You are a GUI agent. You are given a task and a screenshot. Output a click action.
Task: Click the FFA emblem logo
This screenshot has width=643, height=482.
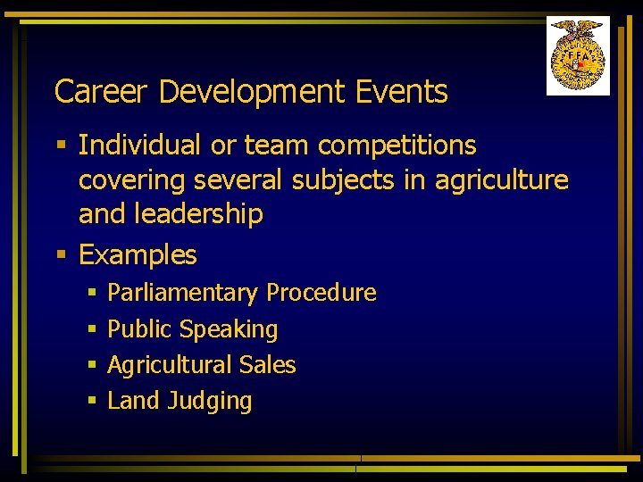pos(578,55)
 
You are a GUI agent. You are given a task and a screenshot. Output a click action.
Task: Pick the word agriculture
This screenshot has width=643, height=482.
pos(501,179)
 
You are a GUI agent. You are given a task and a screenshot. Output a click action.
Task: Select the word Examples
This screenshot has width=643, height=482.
pos(138,255)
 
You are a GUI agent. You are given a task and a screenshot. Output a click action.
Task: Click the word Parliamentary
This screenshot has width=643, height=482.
pos(182,293)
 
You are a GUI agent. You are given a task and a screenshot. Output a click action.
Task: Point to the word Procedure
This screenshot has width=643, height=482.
pos(321,293)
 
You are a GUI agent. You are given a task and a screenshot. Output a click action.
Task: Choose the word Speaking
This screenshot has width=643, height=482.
pos(229,329)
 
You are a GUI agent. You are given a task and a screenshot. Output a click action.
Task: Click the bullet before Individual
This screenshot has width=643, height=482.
pos(60,145)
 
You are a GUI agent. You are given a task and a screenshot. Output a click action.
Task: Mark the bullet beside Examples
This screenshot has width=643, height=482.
pos(60,256)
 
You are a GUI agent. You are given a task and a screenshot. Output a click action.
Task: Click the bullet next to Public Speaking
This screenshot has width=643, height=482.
pos(91,330)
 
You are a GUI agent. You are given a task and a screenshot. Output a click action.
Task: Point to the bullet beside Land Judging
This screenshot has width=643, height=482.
pos(91,402)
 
